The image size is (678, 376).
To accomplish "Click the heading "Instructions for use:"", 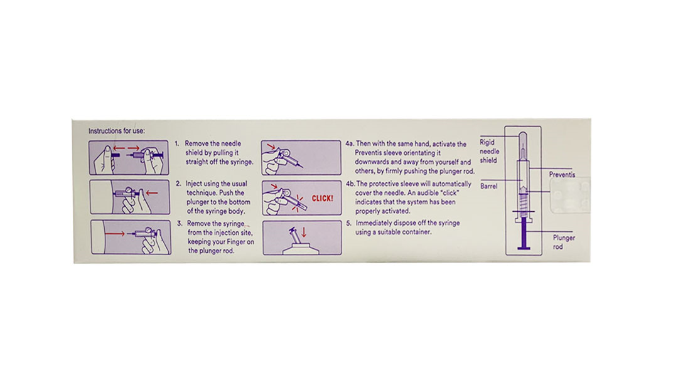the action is (117, 131).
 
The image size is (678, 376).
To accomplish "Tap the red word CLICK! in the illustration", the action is (323, 199).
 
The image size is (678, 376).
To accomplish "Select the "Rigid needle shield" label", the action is (489, 151).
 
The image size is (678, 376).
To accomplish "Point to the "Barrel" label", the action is (488, 186).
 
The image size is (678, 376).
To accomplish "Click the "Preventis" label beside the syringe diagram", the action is (562, 174).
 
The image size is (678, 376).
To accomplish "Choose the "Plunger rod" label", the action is (564, 242).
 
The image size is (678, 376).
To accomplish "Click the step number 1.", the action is (177, 144).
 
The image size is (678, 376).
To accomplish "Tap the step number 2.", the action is (178, 184).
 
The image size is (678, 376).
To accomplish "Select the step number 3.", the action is (180, 224).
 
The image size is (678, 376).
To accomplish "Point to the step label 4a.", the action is (350, 144).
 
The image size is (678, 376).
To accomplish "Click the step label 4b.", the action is (350, 184).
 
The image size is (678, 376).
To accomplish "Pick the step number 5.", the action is (348, 223).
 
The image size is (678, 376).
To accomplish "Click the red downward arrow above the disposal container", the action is (304, 232).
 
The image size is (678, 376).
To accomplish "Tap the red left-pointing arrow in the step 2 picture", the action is (152, 192).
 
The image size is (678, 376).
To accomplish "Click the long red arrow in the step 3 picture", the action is (115, 234).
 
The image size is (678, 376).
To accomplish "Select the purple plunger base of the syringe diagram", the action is (524, 248).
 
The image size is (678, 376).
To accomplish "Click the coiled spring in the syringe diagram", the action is (523, 201).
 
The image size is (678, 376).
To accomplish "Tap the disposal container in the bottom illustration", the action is (301, 249).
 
